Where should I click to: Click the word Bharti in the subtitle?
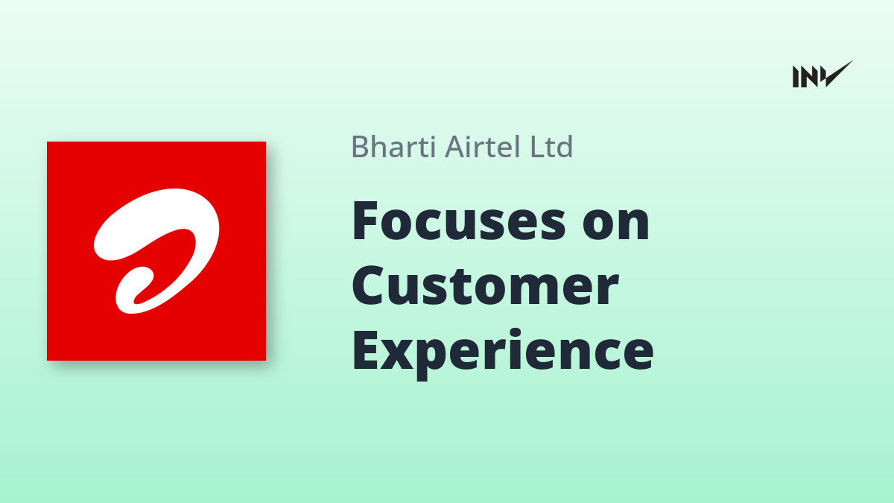click(393, 147)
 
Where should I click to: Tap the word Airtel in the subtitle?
click(483, 147)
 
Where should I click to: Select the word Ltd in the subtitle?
click(551, 147)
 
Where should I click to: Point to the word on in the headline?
click(616, 226)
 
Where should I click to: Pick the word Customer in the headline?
click(485, 286)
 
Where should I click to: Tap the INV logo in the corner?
click(822, 75)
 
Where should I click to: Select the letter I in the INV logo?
click(796, 77)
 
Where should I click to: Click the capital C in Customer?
click(368, 286)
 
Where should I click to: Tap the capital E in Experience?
click(365, 351)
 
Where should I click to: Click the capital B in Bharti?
click(361, 147)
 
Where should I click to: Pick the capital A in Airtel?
click(454, 147)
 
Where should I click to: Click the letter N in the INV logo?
click(810, 77)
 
